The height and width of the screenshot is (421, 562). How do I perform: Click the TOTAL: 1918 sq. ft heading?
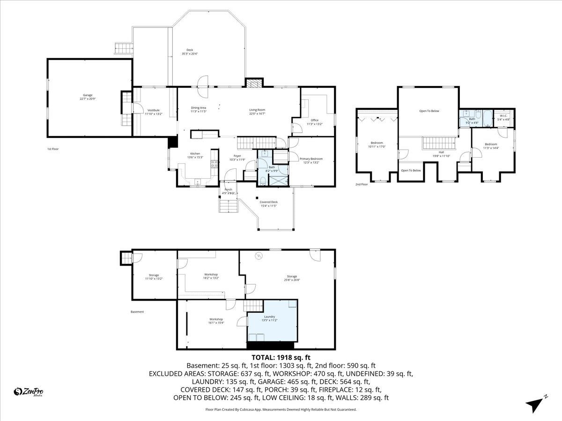tap(281, 357)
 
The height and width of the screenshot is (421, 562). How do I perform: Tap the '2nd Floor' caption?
tap(362, 184)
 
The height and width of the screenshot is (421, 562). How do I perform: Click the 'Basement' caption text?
tap(137, 312)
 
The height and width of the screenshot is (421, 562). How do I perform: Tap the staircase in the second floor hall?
tap(439, 143)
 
